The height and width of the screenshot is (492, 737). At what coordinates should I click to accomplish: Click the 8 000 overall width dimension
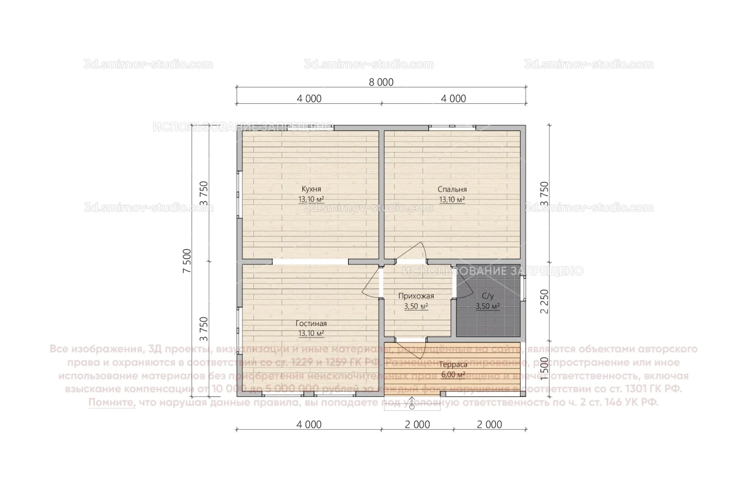coord(381,82)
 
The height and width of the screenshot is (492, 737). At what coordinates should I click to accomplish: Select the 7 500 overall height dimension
coord(187,261)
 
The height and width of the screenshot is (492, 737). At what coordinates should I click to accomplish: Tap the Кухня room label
coord(311,189)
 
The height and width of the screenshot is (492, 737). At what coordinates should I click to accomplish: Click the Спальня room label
coord(452,190)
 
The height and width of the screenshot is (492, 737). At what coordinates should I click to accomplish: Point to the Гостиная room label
coord(311,323)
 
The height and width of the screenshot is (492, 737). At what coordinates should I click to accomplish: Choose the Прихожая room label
coord(416,296)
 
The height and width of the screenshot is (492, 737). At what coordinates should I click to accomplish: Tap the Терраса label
coord(453,364)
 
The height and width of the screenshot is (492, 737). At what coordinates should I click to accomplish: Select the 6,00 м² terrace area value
coord(453,375)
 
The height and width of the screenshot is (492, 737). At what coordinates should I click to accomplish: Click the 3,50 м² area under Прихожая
coord(416,307)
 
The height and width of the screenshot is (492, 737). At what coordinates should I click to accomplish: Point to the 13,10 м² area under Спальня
coord(452,200)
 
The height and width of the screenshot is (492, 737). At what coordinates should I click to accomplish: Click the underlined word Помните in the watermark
coord(112,403)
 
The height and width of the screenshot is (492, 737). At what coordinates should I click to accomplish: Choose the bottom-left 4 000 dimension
coord(309,425)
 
